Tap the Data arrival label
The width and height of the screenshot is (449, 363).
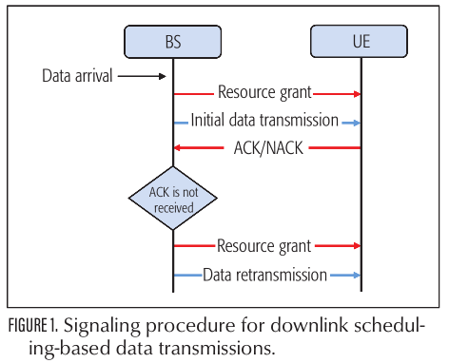coord(77,74)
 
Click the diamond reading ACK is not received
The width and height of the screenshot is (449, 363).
coord(173,196)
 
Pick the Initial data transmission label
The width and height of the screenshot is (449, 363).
coord(264,121)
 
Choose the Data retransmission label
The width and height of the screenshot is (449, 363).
coord(264,275)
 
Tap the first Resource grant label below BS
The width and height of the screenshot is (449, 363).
coord(264,93)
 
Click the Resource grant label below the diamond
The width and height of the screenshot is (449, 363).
coord(264,246)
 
